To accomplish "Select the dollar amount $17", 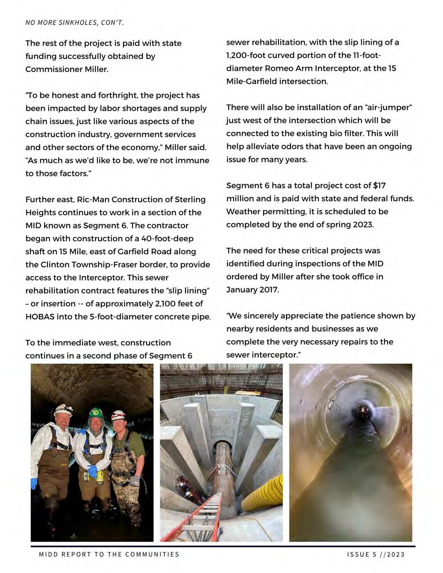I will [x=379, y=185].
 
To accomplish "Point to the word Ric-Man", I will [x=93, y=199].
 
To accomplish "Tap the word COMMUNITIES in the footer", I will [x=153, y=554].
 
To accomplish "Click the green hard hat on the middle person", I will [x=96, y=414].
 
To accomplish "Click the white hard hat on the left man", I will [x=64, y=410].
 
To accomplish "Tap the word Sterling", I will [x=191, y=199].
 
